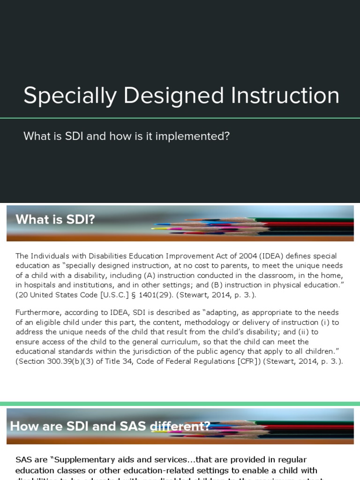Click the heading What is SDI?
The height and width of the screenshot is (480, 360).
(x=55, y=219)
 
